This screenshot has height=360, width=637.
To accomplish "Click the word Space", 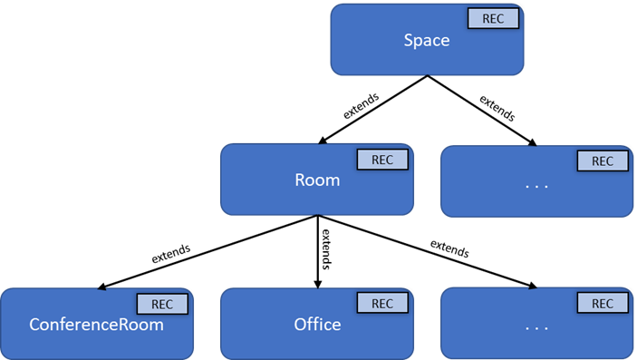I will tap(426, 41).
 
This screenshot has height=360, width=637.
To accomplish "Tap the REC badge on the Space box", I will tap(493, 19).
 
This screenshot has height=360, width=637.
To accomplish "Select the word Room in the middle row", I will tap(317, 180).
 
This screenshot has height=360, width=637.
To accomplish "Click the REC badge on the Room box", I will tap(382, 160).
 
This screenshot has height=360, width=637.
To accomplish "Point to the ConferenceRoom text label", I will tap(97, 324).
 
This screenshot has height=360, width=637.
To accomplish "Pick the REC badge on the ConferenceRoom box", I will tap(162, 304).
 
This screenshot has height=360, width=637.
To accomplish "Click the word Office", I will tap(317, 324).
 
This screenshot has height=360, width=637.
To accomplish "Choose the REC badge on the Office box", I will tap(382, 303).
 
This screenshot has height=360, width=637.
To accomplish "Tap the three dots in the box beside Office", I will tap(537, 328).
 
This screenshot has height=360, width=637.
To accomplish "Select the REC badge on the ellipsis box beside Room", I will tap(602, 161).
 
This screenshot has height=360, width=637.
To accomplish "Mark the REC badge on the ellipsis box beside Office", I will tap(602, 304).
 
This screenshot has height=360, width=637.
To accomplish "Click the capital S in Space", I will tap(408, 41).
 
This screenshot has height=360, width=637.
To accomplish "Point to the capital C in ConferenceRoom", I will tap(34, 324).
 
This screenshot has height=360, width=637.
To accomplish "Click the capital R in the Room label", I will tap(300, 180).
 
